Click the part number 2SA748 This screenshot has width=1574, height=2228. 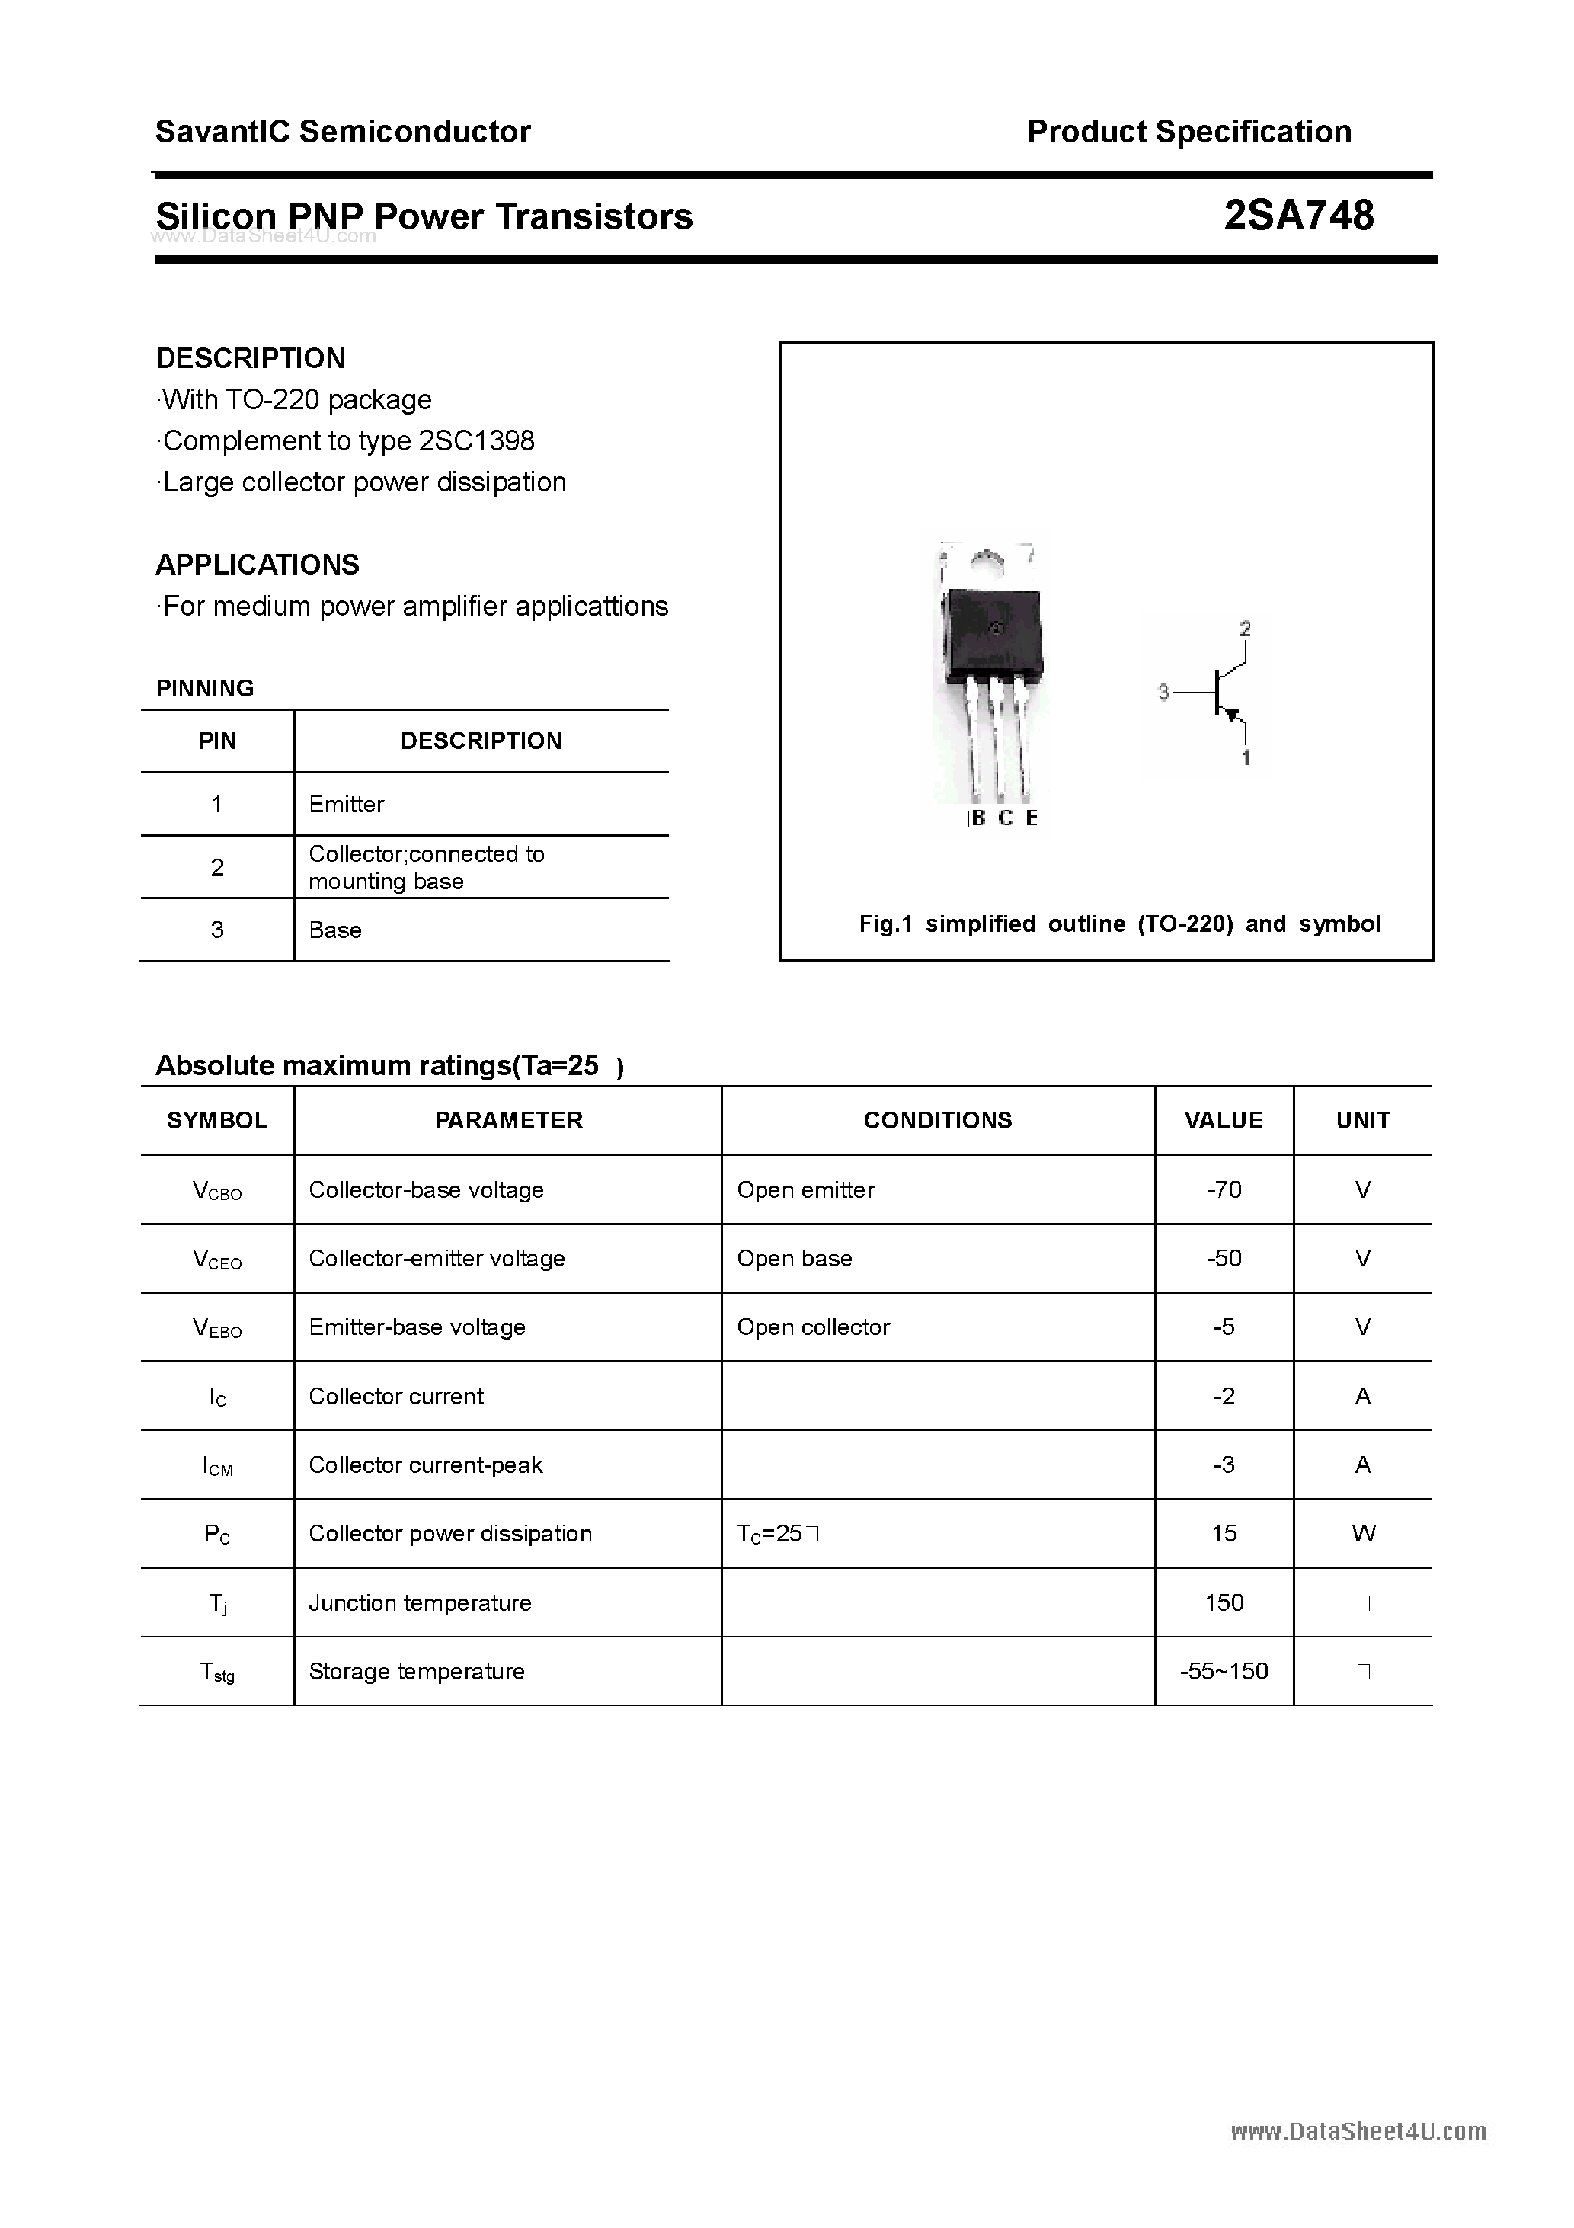(x=1297, y=216)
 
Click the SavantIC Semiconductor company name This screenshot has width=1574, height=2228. (x=343, y=131)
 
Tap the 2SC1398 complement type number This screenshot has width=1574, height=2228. (x=475, y=440)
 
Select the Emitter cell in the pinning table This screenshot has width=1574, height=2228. (x=347, y=805)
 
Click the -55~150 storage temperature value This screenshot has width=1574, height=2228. (x=1224, y=1671)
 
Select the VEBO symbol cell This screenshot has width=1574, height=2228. (x=217, y=1327)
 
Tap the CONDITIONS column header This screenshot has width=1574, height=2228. (x=937, y=1120)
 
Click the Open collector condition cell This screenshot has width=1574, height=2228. (x=813, y=1327)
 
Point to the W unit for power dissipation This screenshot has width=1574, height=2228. (x=1362, y=1533)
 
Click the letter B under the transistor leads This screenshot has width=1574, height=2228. (x=977, y=818)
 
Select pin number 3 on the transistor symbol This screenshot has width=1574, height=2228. (x=1163, y=693)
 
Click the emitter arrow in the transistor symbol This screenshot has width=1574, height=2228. (x=1233, y=716)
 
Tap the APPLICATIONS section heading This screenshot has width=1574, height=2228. (x=258, y=565)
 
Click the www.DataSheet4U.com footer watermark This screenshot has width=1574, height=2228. (x=1358, y=2132)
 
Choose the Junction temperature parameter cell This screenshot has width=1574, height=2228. (x=421, y=1603)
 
